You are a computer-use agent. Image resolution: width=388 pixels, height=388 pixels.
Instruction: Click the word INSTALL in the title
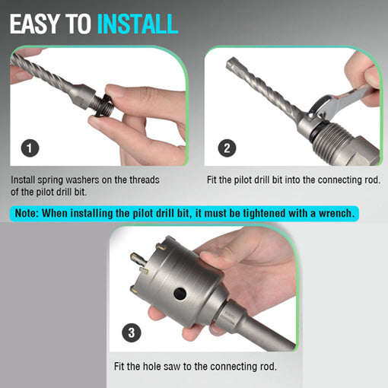(x=138, y=24)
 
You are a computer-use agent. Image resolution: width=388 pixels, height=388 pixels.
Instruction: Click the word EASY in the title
(x=34, y=24)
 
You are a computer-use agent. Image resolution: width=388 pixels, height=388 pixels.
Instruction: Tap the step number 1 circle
(x=30, y=148)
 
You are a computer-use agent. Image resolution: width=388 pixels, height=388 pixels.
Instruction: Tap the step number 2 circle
(x=227, y=148)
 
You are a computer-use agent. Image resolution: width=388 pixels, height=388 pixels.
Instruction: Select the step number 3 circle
(x=132, y=332)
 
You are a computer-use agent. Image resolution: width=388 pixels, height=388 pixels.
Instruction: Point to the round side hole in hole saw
(x=180, y=294)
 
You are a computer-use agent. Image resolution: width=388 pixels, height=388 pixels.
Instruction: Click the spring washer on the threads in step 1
(x=103, y=105)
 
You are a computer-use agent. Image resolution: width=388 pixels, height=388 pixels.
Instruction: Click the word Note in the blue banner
(x=26, y=213)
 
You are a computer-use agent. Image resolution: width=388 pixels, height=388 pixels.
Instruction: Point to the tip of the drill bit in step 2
(x=231, y=62)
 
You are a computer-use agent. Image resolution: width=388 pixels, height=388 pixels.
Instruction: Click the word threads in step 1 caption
(x=145, y=180)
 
